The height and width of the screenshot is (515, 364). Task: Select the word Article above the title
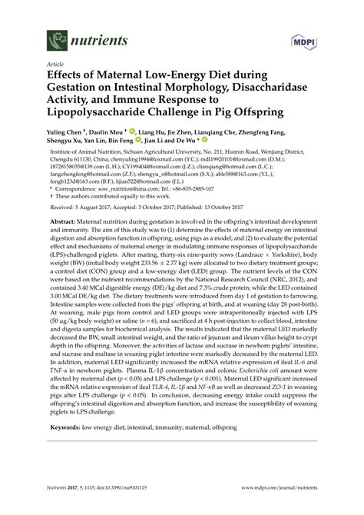point(55,64)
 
